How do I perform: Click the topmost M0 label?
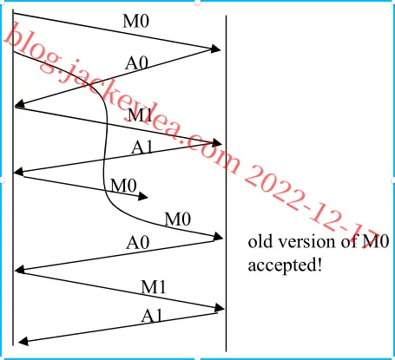click(136, 21)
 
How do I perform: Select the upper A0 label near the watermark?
click(136, 62)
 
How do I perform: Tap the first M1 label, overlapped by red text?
click(140, 115)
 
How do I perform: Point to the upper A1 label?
click(142, 147)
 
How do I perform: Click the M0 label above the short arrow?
click(123, 186)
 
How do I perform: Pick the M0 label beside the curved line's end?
click(178, 219)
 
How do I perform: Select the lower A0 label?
click(138, 242)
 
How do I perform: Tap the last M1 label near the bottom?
click(154, 287)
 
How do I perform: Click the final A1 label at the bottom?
click(152, 316)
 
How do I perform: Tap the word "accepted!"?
click(285, 265)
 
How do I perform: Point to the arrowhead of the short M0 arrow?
click(143, 197)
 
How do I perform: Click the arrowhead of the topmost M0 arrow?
click(216, 49)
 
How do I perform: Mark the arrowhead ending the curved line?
click(218, 237)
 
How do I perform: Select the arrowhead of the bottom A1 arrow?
click(23, 342)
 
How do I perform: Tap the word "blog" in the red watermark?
click(32, 48)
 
